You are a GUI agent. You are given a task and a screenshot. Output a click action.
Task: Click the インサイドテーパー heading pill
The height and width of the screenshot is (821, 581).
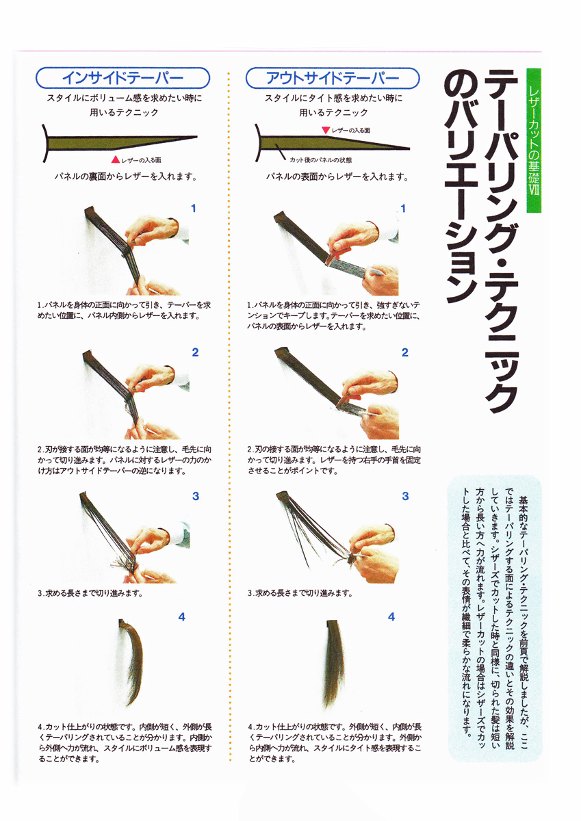pos(122,78)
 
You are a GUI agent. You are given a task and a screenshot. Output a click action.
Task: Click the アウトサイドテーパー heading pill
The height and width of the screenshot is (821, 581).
pos(333,78)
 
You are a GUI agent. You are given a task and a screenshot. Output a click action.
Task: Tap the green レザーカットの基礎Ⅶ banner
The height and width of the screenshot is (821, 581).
pos(534,140)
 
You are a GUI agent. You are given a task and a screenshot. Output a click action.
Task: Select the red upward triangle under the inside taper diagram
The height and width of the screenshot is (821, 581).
pos(116,159)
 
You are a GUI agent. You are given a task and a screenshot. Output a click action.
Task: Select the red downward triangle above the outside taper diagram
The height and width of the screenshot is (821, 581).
pos(326,130)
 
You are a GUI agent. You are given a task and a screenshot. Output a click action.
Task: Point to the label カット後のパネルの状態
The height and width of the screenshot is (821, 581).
pos(320,160)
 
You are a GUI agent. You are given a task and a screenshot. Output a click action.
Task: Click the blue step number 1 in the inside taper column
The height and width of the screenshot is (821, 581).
pos(194,209)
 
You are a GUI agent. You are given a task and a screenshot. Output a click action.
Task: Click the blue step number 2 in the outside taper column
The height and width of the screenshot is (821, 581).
pos(404,352)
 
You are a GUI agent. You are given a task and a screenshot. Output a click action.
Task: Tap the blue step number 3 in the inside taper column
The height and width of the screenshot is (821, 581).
pos(195,496)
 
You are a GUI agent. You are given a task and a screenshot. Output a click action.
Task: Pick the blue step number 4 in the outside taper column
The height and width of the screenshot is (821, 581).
pos(391,617)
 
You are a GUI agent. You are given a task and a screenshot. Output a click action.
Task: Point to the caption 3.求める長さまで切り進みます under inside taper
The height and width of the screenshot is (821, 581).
pos(90,593)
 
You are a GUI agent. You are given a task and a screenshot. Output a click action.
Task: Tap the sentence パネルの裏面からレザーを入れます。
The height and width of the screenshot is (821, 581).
pos(126,177)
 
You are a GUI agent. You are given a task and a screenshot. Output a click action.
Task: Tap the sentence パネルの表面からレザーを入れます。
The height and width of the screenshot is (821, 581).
pos(337,177)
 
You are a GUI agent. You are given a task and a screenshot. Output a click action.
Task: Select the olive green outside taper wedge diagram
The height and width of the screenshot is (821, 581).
pos(332,143)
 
